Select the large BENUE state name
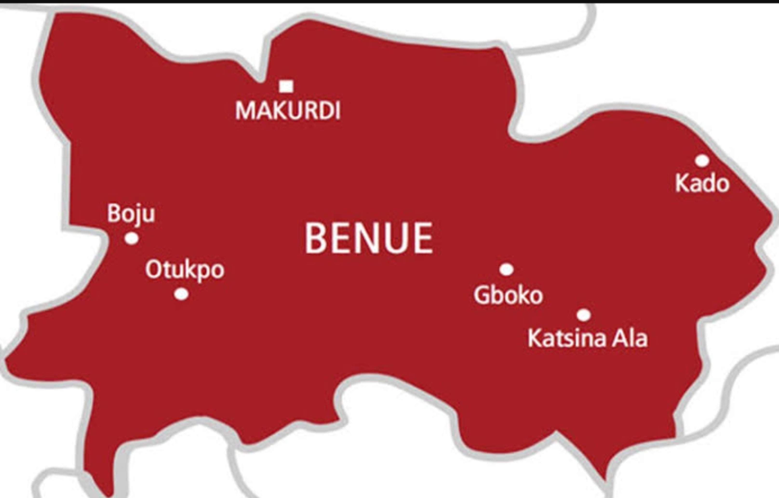tap(369, 238)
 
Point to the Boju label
tap(131, 214)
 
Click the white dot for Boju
tap(132, 238)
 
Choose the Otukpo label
tap(185, 270)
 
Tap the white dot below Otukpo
tap(181, 294)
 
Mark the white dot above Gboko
tap(507, 269)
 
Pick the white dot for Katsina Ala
tap(584, 315)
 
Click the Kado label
tap(702, 183)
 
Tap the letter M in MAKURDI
tap(244, 111)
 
